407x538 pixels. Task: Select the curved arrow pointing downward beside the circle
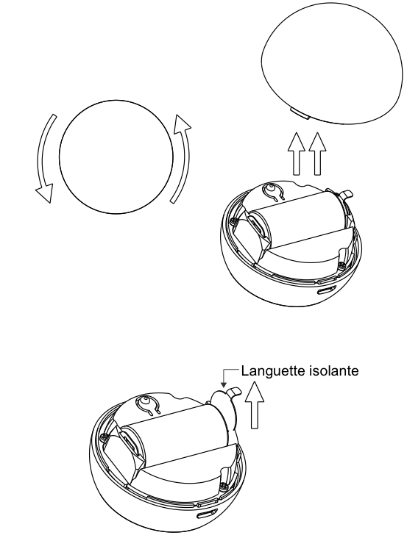tap(46, 158)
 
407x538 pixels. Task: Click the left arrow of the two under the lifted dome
tap(297, 154)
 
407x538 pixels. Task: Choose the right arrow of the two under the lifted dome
tap(317, 154)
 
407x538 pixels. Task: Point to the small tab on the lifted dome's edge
tap(300, 113)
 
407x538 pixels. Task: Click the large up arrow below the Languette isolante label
tap(254, 406)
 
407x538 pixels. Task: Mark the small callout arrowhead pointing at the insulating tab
tap(224, 385)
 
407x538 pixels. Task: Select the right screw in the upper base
tap(341, 265)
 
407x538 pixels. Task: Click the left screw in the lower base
tap(103, 437)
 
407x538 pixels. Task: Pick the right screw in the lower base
tap(224, 486)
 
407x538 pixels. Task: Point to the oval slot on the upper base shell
tap(325, 291)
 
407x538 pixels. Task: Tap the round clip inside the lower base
tap(149, 403)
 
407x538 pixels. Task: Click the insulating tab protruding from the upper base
tap(344, 196)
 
